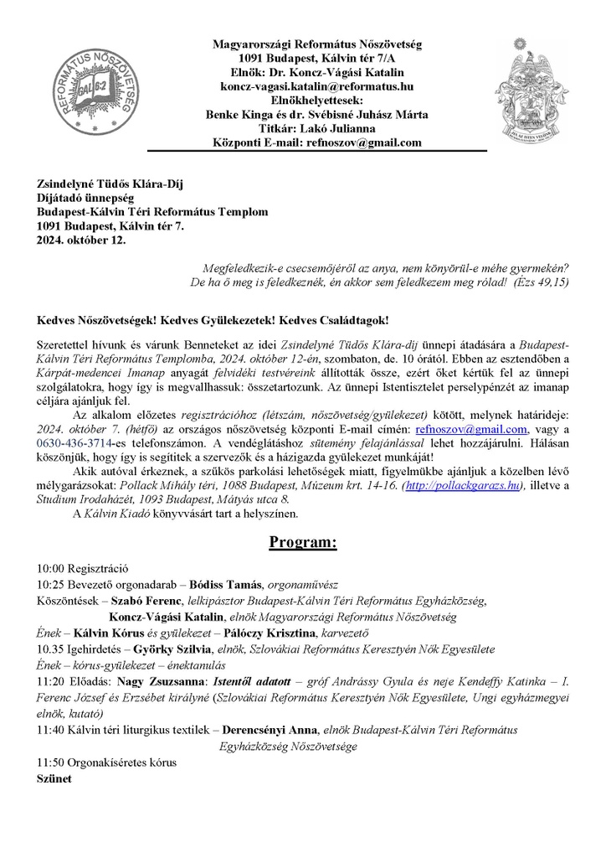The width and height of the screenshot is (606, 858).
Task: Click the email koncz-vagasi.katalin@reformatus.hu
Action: pyautogui.click(x=316, y=85)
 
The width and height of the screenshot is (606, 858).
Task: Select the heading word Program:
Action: pyautogui.click(x=302, y=542)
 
